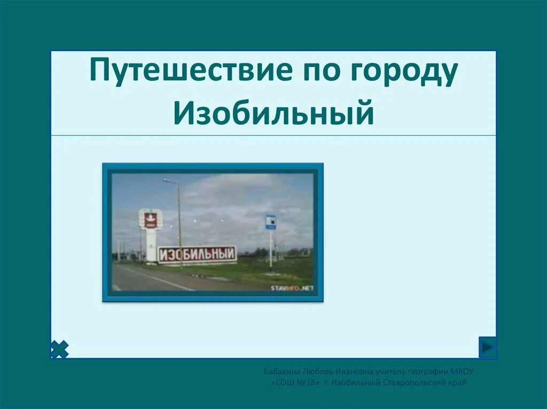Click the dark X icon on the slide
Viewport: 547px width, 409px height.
click(59, 349)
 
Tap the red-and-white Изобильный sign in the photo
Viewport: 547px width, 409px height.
click(197, 254)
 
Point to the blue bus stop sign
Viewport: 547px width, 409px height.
click(271, 222)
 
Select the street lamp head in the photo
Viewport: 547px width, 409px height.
click(167, 181)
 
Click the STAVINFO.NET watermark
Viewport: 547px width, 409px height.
click(292, 288)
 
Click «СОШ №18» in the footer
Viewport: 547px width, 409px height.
click(295, 382)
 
